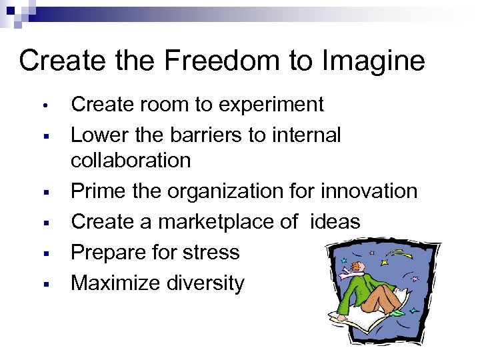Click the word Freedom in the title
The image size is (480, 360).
218,61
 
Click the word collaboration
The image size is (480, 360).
131,161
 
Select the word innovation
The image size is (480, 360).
369,191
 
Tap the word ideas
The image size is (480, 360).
335,222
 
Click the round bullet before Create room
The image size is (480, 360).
42,105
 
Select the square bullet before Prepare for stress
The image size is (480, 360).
42,253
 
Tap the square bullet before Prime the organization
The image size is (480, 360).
42,192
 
